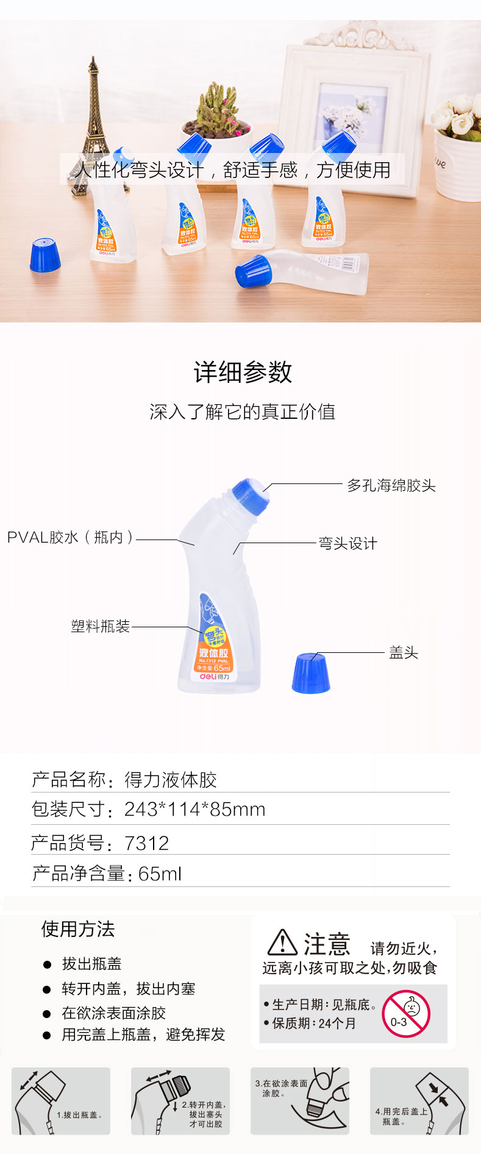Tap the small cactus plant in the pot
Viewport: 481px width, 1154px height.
tap(216, 110)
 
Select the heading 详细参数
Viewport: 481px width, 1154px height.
tap(243, 372)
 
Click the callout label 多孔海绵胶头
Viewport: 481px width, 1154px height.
tap(391, 486)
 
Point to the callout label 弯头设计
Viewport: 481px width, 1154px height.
tap(348, 544)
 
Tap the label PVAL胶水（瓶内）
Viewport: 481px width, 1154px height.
tap(70, 537)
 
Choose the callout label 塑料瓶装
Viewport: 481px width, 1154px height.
tap(101, 626)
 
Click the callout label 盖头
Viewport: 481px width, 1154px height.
tap(404, 653)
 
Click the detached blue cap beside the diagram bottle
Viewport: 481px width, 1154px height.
tap(311, 673)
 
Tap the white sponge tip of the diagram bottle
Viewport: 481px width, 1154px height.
tap(267, 486)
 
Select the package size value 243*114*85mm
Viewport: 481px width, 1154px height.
tap(195, 810)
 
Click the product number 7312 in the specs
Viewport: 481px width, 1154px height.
tap(147, 843)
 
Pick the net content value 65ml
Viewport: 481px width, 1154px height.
tap(160, 874)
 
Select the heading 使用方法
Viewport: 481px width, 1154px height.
tap(78, 929)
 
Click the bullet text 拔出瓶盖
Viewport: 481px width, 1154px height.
tap(91, 964)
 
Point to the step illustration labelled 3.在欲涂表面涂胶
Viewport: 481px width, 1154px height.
tap(300, 1101)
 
